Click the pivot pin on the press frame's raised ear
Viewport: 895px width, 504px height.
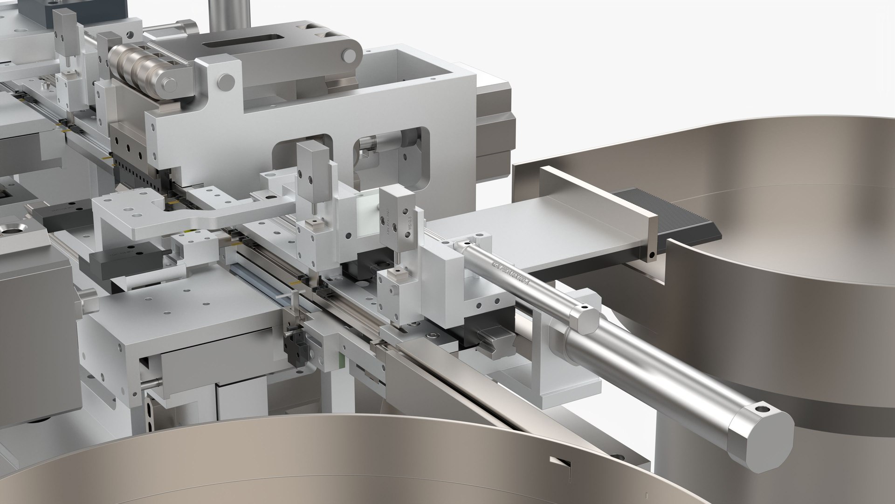(226, 81)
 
